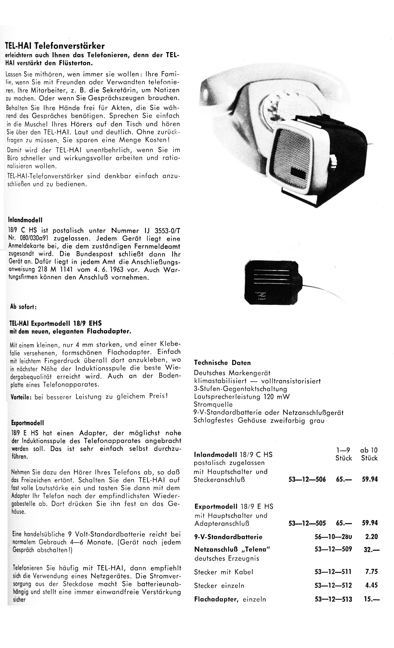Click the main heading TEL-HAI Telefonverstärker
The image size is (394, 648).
(55, 46)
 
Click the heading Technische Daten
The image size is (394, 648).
(222, 363)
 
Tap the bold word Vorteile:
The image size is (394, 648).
(21, 397)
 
